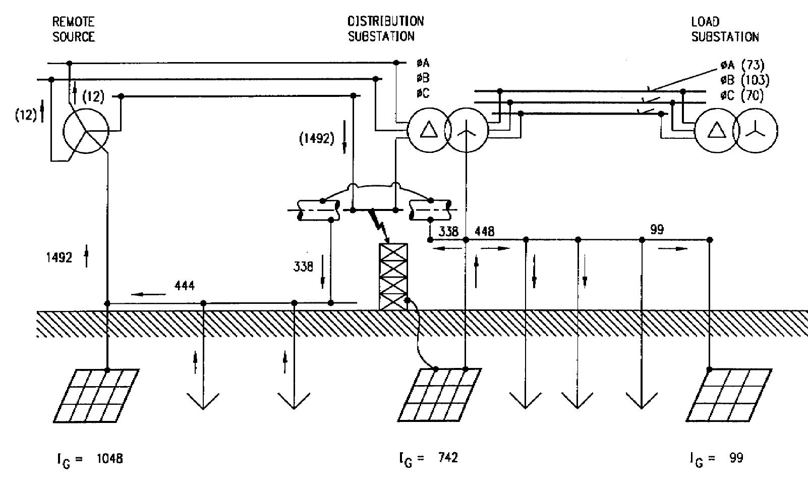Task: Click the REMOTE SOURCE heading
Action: click(74, 29)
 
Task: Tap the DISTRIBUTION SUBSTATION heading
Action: click(385, 29)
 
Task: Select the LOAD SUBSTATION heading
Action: click(724, 29)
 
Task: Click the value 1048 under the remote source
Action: click(109, 459)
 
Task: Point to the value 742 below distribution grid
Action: click(448, 458)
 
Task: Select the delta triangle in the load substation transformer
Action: click(715, 131)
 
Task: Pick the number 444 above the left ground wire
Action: click(185, 286)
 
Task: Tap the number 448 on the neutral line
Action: click(484, 231)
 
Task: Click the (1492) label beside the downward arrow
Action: click(317, 139)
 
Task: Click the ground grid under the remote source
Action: click(96, 396)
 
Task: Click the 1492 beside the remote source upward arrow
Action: click(60, 258)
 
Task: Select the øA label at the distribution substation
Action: click(423, 63)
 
